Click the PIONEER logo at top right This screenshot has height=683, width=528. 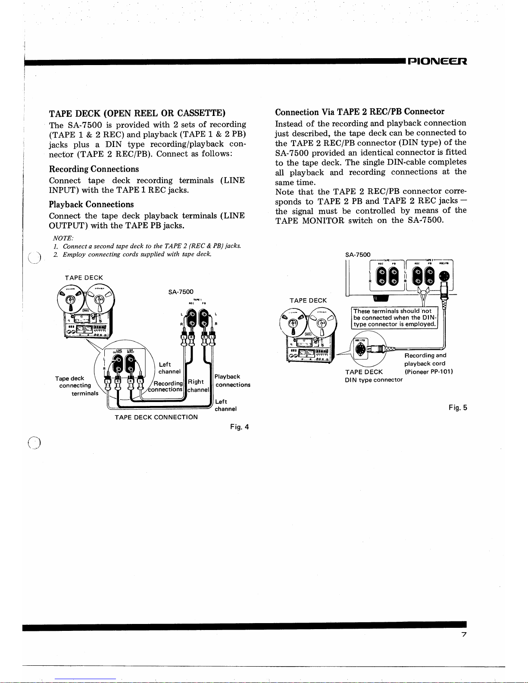click(x=436, y=61)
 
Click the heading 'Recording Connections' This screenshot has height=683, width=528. click(x=94, y=169)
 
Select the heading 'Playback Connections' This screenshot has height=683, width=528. click(x=91, y=204)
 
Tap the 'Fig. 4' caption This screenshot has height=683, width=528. click(x=240, y=427)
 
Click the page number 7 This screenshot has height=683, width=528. click(x=464, y=634)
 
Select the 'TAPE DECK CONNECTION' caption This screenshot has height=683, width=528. click(x=156, y=417)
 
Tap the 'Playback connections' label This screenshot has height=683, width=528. click(x=232, y=380)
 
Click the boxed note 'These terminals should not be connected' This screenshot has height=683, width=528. click(x=394, y=318)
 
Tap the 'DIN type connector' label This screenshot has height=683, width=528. click(x=374, y=380)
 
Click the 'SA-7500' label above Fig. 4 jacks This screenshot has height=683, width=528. click(x=181, y=292)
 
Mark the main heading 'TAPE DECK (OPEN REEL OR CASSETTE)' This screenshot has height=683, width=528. click(x=137, y=113)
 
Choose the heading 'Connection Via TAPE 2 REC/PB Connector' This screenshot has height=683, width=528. click(x=359, y=112)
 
